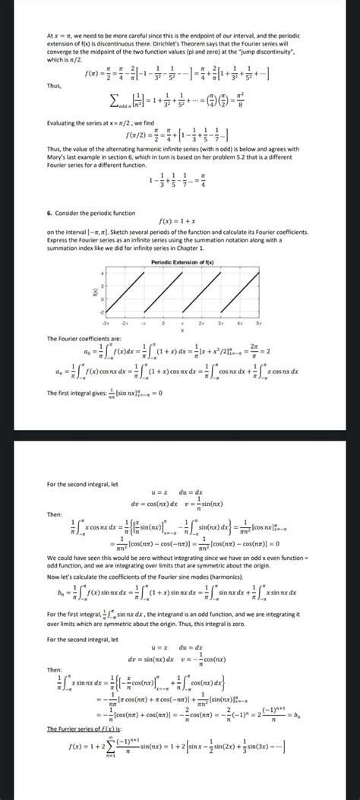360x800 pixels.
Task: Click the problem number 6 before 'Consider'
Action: [49, 215]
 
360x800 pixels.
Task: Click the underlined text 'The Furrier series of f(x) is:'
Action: [81, 732]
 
